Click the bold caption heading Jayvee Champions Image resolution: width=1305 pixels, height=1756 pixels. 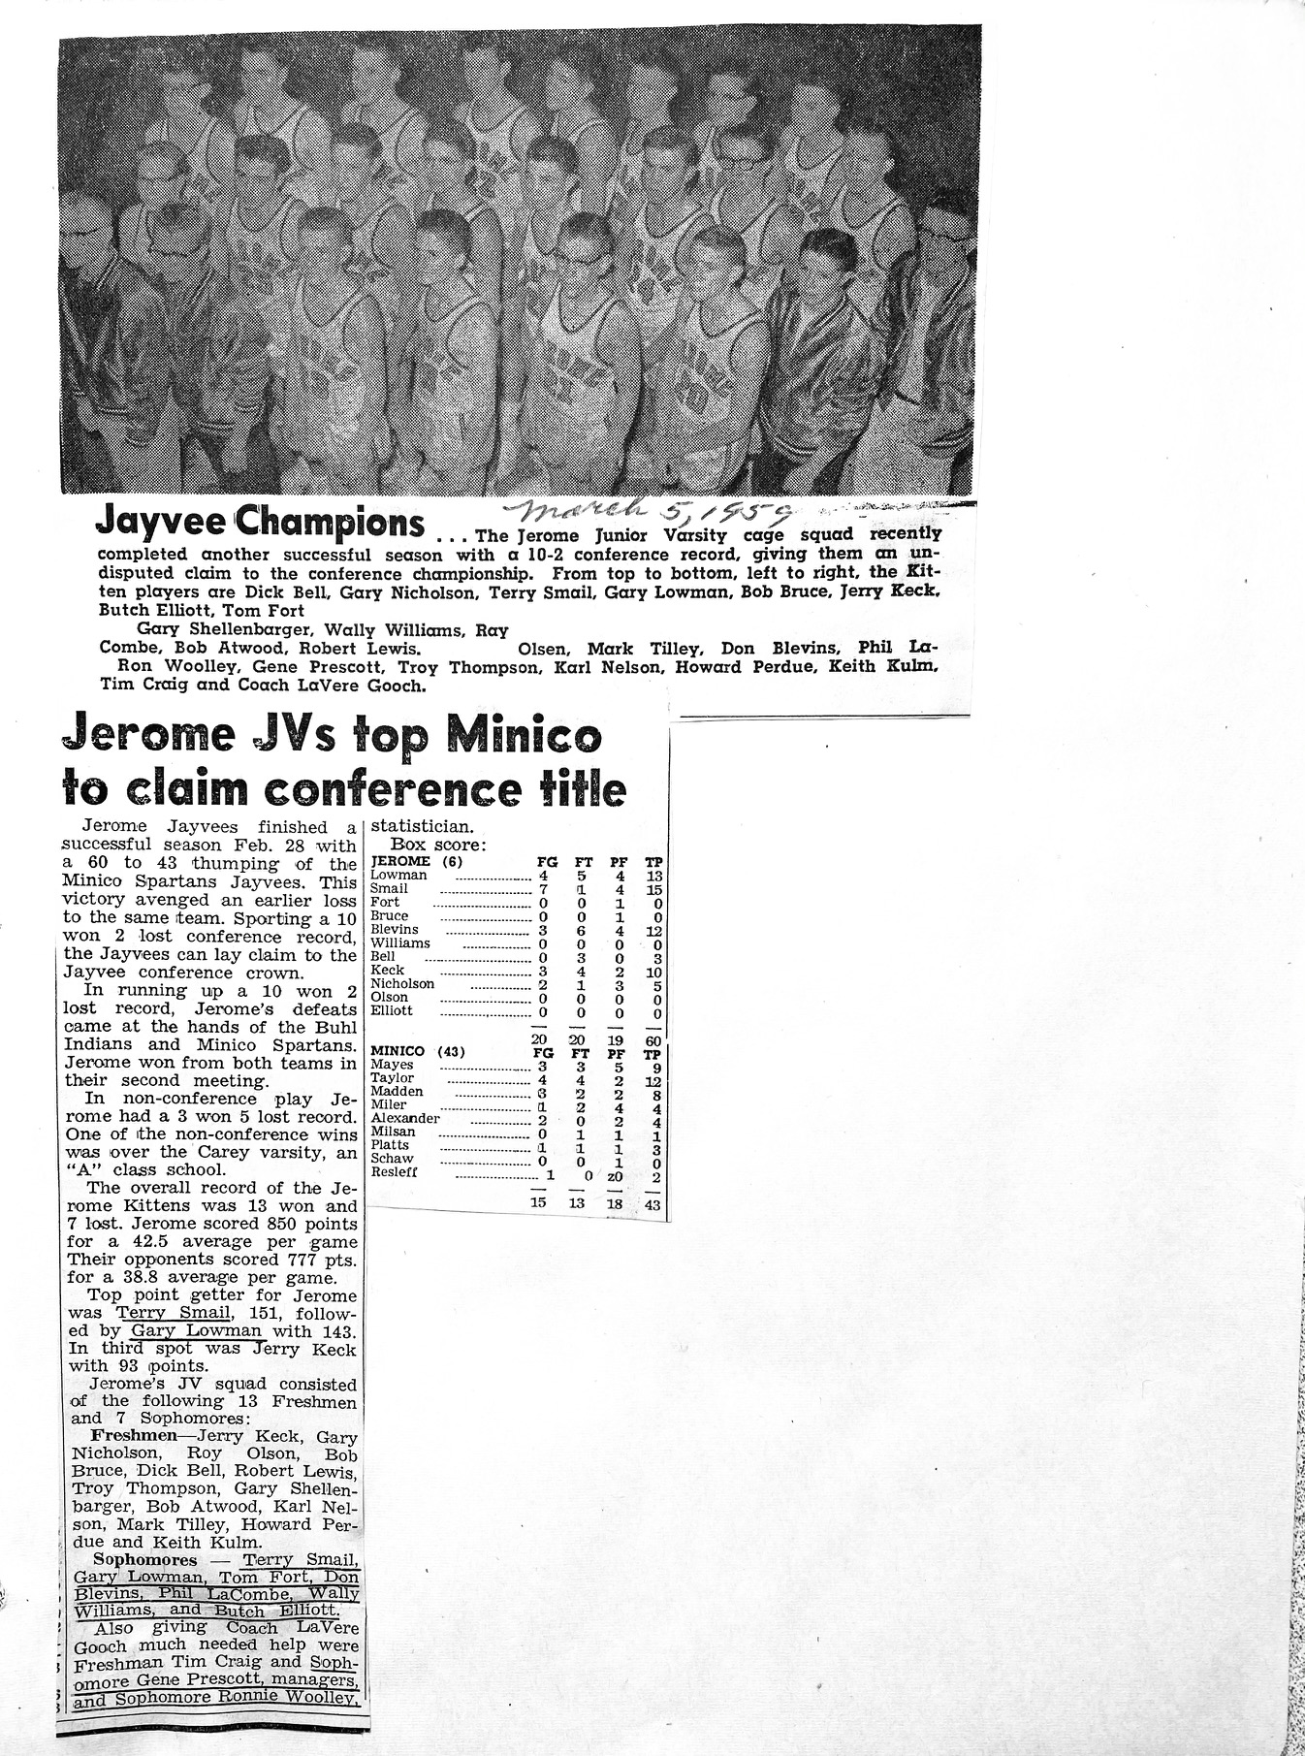click(x=259, y=525)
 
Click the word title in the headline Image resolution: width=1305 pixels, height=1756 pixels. click(x=579, y=789)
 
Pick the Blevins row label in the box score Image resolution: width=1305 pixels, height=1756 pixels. click(x=395, y=929)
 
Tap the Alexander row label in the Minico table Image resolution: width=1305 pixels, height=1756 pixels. click(x=405, y=1118)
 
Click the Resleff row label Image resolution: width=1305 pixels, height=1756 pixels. click(x=395, y=1171)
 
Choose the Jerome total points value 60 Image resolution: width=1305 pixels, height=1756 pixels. click(x=652, y=1041)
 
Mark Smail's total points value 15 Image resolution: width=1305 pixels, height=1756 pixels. click(x=652, y=888)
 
